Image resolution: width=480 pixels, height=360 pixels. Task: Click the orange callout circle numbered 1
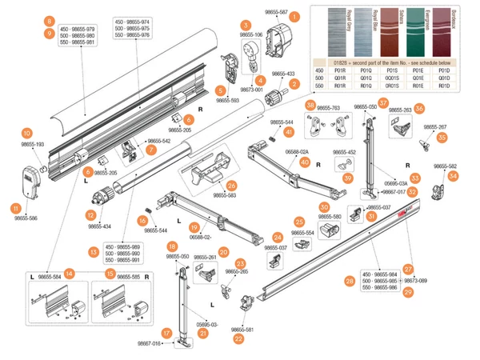[x=295, y=15]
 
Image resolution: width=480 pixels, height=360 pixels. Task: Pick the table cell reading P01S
[x=392, y=70]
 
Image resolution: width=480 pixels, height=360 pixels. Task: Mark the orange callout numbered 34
[x=454, y=175]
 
